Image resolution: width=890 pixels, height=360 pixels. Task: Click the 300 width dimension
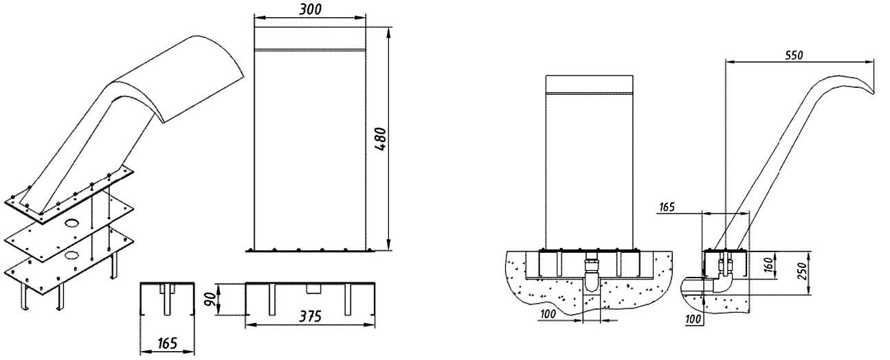(310, 10)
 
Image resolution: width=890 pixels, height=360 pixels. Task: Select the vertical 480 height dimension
(380, 139)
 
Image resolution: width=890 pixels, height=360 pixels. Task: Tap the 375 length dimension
(310, 317)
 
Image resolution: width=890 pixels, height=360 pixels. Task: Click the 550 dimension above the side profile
(794, 55)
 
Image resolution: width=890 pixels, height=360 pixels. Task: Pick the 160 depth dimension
(770, 265)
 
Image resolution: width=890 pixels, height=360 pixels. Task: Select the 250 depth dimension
(803, 271)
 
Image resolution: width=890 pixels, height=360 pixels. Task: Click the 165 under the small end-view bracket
(167, 344)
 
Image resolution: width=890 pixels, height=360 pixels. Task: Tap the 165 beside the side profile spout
(667, 207)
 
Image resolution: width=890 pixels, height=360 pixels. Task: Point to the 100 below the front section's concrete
(548, 314)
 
